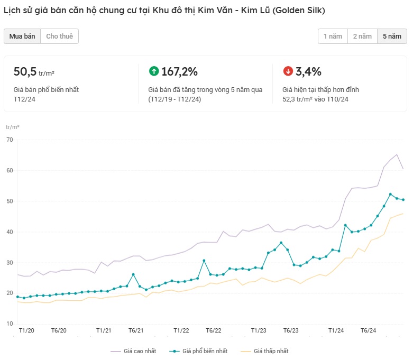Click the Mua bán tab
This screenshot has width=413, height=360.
[x=22, y=36]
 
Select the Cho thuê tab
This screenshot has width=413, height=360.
[x=59, y=36]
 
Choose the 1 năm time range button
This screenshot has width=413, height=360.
[x=333, y=36]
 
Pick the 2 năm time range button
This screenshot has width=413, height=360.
[x=362, y=36]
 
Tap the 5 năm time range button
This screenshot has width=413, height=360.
[x=392, y=36]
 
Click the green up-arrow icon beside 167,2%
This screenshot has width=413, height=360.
[x=154, y=71]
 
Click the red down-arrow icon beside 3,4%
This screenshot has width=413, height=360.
[x=288, y=71]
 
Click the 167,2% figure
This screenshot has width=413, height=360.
[x=180, y=71]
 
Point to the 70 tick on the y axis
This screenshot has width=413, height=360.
[x=10, y=140]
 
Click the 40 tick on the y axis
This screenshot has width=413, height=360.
[x=10, y=232]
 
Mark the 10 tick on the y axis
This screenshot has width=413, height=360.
[x=10, y=324]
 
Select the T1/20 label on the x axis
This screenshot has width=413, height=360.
[x=26, y=330]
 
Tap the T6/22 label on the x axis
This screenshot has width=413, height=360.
[x=213, y=330]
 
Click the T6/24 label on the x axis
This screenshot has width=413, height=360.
[x=368, y=330]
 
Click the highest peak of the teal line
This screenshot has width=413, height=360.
[x=390, y=195]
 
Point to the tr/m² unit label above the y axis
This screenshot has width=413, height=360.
[x=12, y=127]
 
